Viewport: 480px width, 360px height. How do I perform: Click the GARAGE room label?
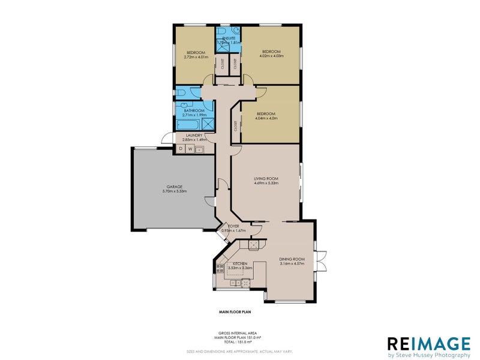tap(175, 187)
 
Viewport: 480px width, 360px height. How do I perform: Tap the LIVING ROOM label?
tap(266, 178)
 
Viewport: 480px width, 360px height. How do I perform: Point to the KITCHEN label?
tap(240, 264)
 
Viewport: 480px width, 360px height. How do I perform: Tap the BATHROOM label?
tap(194, 110)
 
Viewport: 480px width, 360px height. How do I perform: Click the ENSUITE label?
tap(228, 38)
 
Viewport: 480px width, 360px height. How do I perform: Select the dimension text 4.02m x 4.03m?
tap(271, 56)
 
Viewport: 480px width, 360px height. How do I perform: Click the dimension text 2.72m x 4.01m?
tap(196, 58)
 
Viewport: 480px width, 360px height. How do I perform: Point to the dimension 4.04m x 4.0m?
tap(266, 118)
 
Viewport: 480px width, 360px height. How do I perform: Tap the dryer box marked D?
tap(181, 149)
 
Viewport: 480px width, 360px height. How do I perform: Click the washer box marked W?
tap(190, 149)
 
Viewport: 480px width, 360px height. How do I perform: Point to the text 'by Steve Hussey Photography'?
tap(428, 355)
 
